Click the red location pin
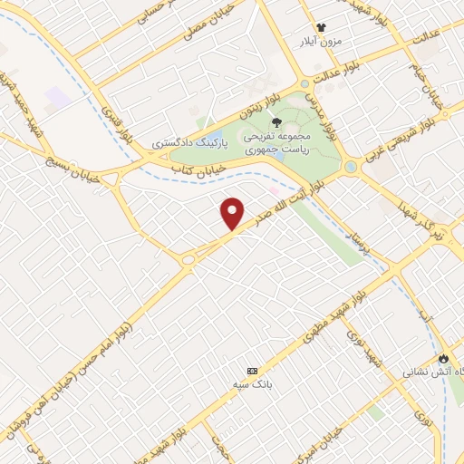tap(233, 213)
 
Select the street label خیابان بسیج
tap(70, 162)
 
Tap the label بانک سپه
tap(253, 385)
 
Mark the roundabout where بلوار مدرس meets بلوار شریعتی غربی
tap(350, 167)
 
